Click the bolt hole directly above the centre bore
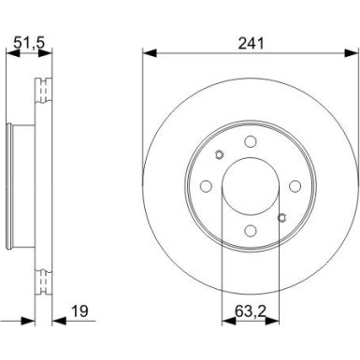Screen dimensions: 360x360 250,142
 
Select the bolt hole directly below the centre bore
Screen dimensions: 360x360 250,233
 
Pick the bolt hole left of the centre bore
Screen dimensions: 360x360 204,187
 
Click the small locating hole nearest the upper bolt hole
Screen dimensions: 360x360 218,155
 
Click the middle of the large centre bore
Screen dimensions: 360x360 250,187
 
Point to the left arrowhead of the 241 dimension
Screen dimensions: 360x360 147,51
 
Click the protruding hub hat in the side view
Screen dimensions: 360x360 13,187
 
